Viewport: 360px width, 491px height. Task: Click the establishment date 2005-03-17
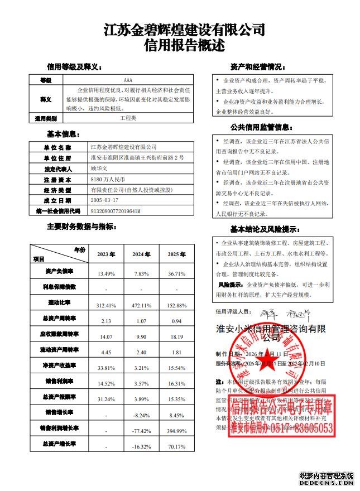(104, 200)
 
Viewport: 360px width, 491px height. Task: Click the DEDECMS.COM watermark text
(327, 483)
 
